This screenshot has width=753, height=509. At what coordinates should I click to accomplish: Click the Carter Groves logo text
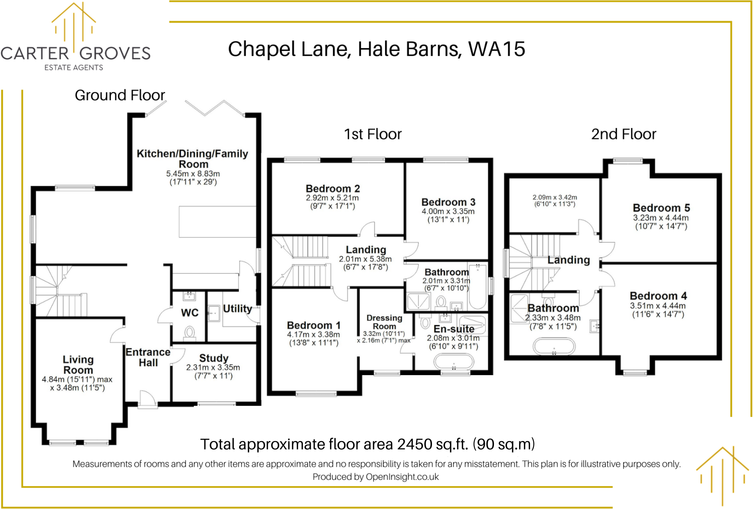(x=75, y=53)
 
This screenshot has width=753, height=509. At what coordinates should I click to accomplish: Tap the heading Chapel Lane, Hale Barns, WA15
(x=376, y=49)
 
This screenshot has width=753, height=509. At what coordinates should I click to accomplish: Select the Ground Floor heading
(x=120, y=95)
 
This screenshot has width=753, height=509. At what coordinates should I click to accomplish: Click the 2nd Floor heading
(x=623, y=134)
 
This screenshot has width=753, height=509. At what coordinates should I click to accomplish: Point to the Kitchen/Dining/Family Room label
(x=193, y=159)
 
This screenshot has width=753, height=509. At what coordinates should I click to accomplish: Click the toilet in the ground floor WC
(x=190, y=332)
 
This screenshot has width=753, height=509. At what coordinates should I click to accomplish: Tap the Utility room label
(x=237, y=308)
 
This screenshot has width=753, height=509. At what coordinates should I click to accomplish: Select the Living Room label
(x=78, y=365)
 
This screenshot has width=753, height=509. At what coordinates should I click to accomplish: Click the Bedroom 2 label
(x=333, y=189)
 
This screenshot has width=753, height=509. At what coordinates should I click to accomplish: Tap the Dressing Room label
(x=384, y=322)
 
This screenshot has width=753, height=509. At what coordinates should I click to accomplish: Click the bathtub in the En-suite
(x=454, y=361)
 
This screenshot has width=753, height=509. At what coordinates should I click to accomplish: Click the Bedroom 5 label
(x=661, y=208)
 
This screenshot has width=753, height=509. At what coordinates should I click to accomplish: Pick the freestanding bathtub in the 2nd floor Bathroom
(x=554, y=347)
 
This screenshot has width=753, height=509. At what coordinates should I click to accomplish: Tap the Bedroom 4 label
(x=658, y=296)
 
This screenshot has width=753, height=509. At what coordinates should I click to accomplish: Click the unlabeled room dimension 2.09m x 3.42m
(x=555, y=201)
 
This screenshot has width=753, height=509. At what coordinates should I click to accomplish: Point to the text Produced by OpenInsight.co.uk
(x=376, y=477)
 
